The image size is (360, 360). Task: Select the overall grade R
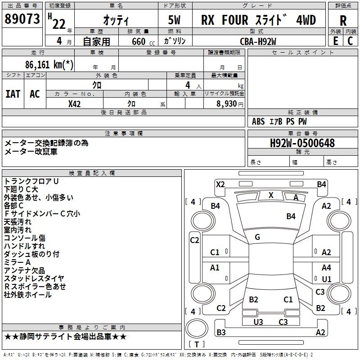343,20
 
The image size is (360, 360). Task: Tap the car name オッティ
116,21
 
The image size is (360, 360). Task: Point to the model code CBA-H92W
258,41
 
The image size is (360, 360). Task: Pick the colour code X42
74,103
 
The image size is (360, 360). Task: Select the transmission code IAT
13,94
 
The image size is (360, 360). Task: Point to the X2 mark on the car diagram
220,184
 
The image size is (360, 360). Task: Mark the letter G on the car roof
257,237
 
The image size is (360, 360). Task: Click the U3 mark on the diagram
258,322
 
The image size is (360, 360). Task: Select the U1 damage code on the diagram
326,279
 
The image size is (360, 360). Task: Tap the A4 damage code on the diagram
326,268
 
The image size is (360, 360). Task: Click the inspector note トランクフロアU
31,181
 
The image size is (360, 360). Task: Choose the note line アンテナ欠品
24,270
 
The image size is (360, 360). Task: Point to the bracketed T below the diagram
196,345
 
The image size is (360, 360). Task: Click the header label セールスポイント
303,53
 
